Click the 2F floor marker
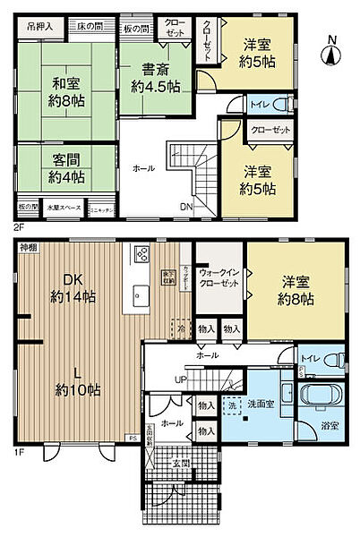click(x=18, y=227)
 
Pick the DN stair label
click(x=185, y=209)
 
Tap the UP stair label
click(x=181, y=379)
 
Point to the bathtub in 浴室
click(x=321, y=398)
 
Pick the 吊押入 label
click(x=39, y=26)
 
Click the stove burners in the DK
click(x=142, y=255)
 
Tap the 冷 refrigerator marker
click(x=182, y=328)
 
